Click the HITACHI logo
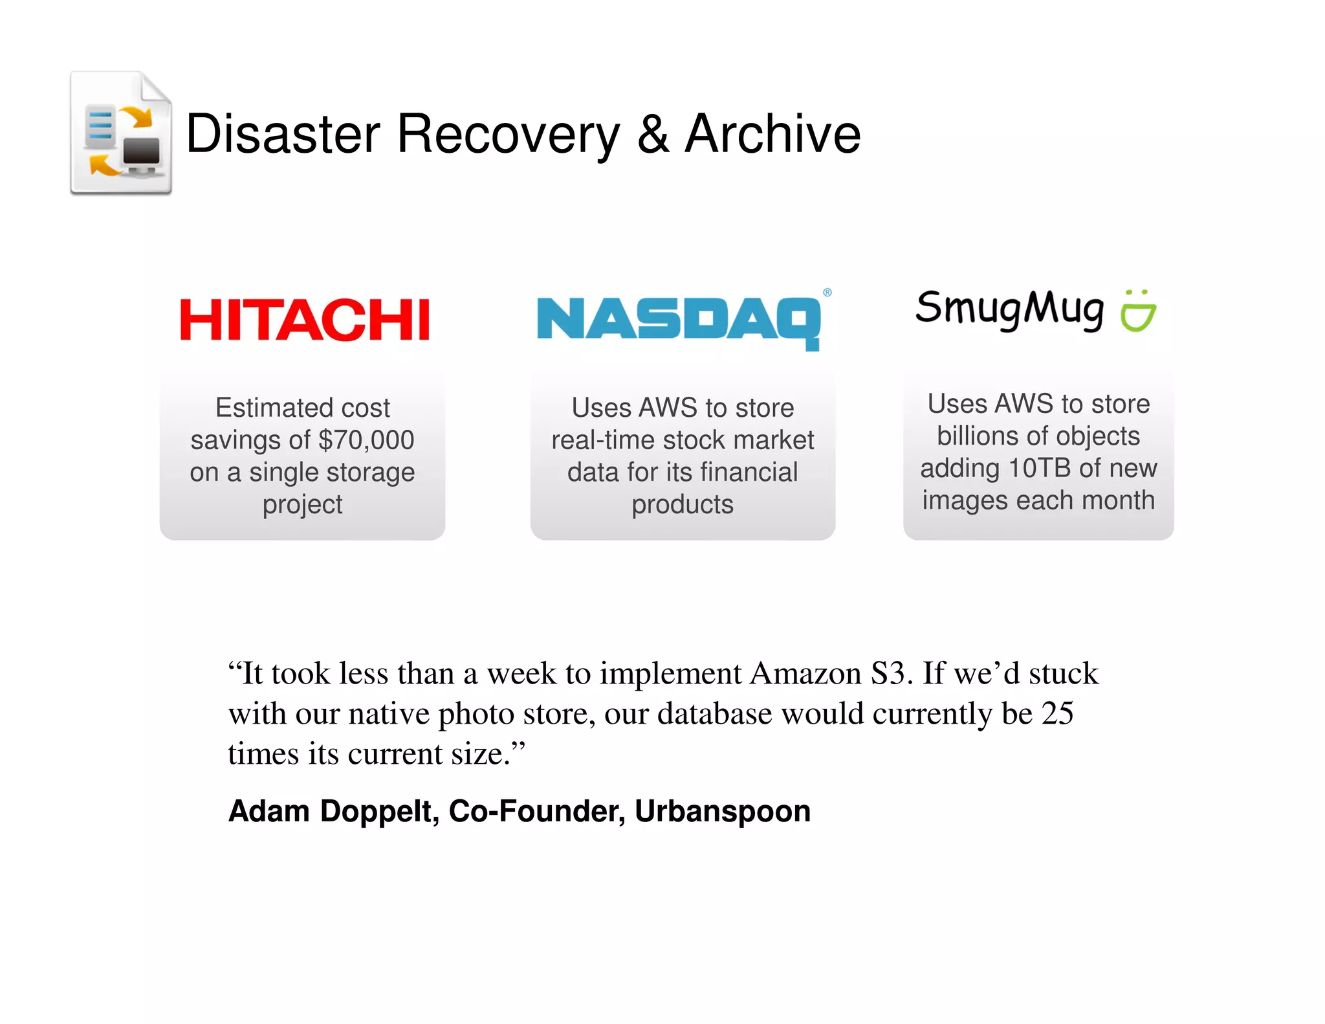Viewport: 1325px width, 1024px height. point(304,320)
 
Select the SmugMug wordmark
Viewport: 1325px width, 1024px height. point(1009,309)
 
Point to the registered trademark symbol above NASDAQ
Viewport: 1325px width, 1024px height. point(827,293)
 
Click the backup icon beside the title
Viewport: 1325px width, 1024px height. point(121,133)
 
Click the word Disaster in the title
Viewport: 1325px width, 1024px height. point(283,134)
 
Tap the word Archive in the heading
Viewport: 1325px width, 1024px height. point(772,134)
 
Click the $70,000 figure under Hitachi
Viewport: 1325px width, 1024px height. point(366,440)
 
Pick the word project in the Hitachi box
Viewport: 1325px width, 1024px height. point(302,505)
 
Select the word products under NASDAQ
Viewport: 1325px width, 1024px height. point(683,505)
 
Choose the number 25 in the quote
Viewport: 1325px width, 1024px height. point(1057,713)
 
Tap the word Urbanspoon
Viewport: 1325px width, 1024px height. point(722,811)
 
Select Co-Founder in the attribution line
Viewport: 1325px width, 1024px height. point(536,811)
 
